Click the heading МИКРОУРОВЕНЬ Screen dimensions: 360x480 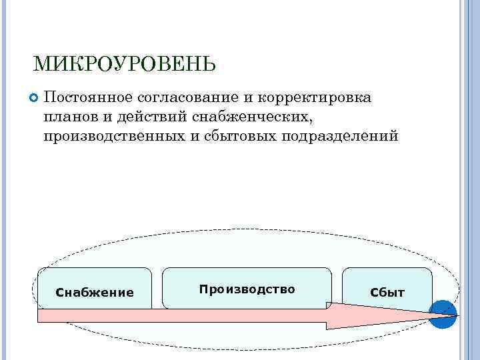[124, 64]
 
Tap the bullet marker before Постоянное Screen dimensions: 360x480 [35, 99]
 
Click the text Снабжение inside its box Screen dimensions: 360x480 [95, 293]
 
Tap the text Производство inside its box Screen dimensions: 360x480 [247, 289]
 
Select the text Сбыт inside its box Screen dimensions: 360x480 [387, 293]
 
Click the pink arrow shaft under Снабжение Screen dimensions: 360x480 [94, 315]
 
